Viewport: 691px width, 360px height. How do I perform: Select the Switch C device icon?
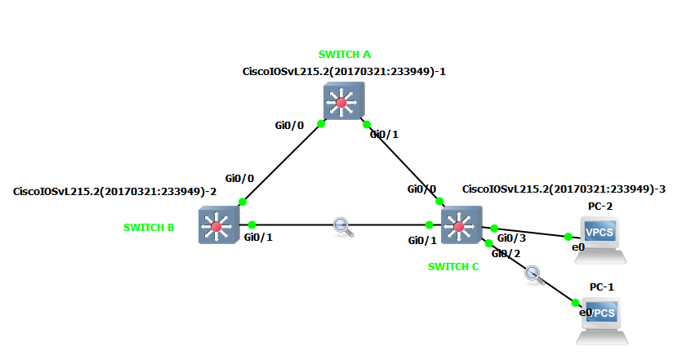pos(459,225)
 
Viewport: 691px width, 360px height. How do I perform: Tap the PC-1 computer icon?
pos(601,321)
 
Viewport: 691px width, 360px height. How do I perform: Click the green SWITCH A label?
pos(344,55)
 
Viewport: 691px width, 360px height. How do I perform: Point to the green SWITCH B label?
pos(149,228)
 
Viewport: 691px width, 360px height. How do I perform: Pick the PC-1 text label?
pos(601,288)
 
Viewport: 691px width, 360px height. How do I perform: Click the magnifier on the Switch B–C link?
pos(344,227)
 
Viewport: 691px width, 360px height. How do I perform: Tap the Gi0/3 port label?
pos(511,238)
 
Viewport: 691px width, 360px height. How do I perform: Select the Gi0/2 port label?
pos(506,254)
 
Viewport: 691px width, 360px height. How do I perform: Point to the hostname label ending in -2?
pos(114,192)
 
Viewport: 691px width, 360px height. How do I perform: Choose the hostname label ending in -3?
pos(564,189)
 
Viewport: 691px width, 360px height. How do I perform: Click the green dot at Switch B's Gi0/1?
pos(252,224)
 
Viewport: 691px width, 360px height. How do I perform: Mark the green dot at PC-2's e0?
pos(568,237)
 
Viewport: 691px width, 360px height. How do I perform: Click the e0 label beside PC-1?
pos(584,313)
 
